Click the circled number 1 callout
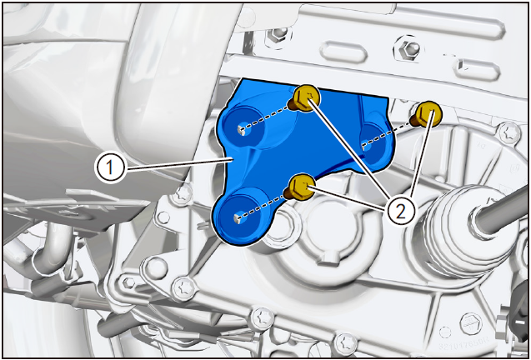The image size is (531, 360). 110,168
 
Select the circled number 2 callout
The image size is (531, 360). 401,212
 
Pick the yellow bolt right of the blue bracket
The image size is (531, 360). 427,114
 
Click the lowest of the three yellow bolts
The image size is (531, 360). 300,187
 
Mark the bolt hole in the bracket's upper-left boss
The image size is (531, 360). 242,128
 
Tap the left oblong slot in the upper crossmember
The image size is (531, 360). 343,52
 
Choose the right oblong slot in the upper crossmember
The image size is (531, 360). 477,69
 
